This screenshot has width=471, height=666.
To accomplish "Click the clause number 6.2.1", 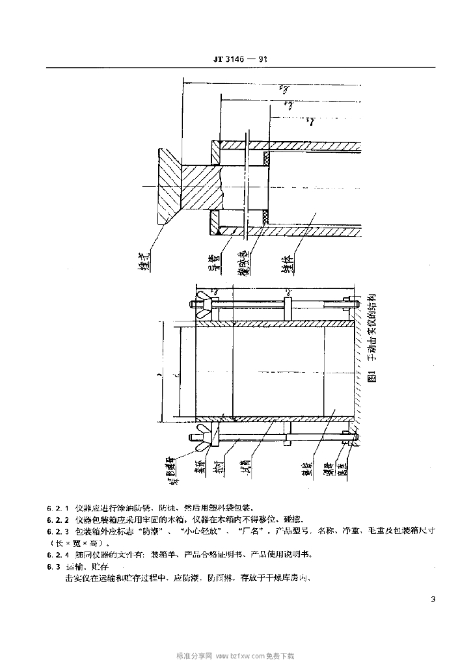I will pos(59,507).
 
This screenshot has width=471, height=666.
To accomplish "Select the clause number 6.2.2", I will pos(59,520).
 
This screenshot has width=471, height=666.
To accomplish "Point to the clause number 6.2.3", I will pos(59,531).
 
